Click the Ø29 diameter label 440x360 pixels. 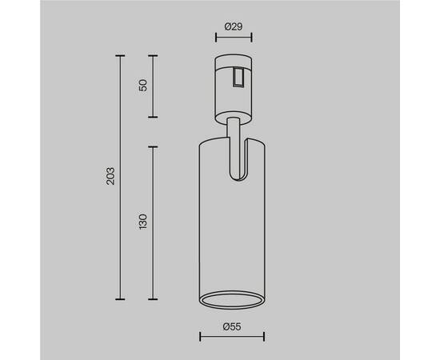234,26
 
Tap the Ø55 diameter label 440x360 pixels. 232,326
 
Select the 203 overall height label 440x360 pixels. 110,176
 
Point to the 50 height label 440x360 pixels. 143,86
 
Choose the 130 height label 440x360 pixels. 143,222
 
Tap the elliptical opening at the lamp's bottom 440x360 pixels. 232,300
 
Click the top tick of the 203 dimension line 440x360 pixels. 120,56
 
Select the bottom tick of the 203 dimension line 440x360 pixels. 120,299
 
